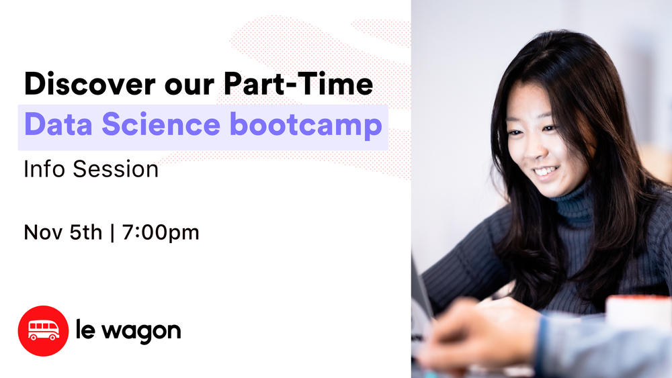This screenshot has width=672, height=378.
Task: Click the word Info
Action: point(45,169)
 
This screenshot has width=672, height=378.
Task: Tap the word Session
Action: point(116,169)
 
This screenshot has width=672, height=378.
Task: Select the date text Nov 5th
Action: point(63,233)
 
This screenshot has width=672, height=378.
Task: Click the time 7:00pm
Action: point(161,233)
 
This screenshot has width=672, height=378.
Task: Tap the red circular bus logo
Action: point(43,330)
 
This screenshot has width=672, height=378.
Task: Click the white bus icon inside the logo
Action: point(43,330)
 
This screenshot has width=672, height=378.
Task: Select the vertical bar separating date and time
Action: point(112,233)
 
